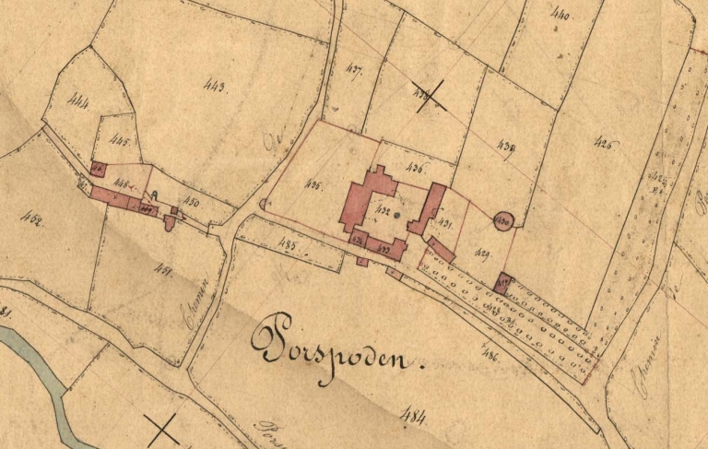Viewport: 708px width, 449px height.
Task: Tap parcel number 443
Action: (217, 88)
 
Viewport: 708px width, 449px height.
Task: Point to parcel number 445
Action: (118, 141)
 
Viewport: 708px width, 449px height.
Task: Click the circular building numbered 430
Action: (502, 220)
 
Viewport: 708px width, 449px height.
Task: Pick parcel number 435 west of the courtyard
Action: (313, 186)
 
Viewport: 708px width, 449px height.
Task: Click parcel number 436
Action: (415, 169)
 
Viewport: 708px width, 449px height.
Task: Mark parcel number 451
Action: (165, 269)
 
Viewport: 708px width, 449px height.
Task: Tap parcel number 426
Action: (606, 144)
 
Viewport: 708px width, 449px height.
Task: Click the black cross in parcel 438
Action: (430, 96)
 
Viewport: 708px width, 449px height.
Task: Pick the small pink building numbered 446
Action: (97, 169)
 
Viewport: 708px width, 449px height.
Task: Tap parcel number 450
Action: (192, 201)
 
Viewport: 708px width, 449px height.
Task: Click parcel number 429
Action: (482, 253)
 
